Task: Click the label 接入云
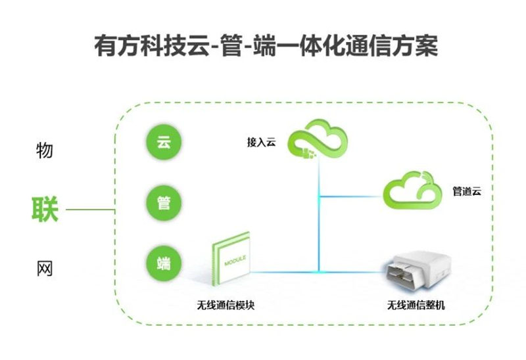[261, 142]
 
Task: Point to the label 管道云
[467, 191]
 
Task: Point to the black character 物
[44, 150]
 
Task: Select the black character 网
[44, 269]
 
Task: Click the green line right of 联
[90, 210]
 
